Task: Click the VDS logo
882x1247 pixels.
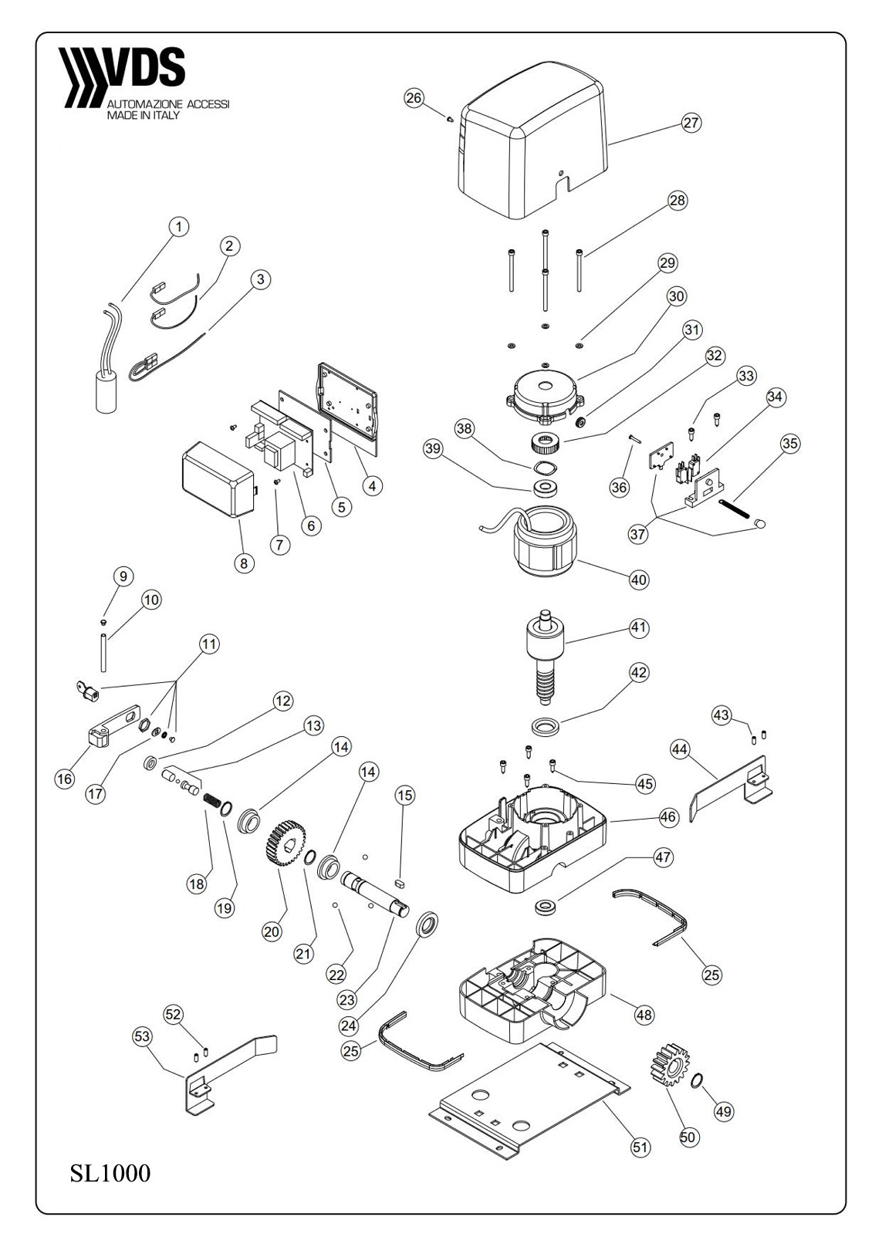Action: coord(123,77)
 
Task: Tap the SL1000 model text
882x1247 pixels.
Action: coord(110,1174)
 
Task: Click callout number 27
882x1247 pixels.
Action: coord(691,123)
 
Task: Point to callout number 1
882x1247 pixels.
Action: coord(178,227)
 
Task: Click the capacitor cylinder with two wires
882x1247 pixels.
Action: coord(106,394)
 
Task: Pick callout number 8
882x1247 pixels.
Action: coord(244,563)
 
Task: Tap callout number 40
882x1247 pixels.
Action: coord(639,580)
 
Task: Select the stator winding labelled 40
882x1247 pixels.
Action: coord(544,543)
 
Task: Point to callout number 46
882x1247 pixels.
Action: coord(668,816)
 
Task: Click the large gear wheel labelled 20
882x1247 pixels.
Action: coord(286,847)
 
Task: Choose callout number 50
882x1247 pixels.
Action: coord(689,1137)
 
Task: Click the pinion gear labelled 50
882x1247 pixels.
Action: coord(665,1066)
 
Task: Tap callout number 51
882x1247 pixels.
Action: coord(640,1147)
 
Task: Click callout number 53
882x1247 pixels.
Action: coord(143,1036)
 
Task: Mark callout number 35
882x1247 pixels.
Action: coord(789,444)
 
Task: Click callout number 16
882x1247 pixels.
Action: coord(65,779)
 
